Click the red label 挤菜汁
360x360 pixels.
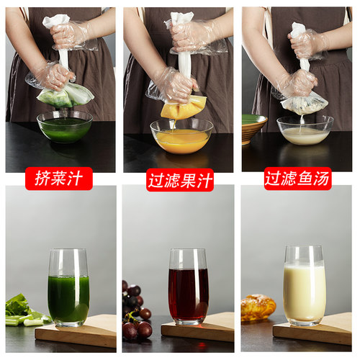[x=59, y=178]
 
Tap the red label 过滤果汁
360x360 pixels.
[x=180, y=179]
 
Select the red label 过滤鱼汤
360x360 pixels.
[x=297, y=178]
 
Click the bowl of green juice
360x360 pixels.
[x=65, y=127]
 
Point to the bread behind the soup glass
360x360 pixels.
[x=257, y=307]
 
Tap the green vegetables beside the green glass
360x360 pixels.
[x=22, y=310]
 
